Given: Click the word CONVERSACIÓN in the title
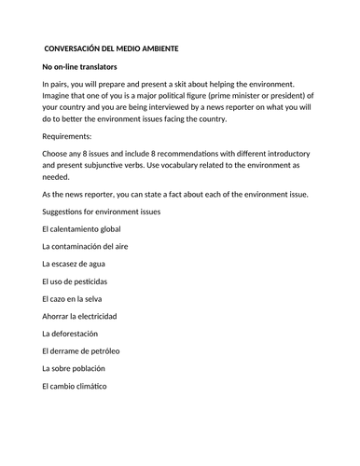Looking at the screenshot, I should click(x=74, y=48).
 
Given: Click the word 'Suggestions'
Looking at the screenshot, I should click(x=66, y=212).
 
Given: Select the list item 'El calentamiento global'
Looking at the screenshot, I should click(x=81, y=228).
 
